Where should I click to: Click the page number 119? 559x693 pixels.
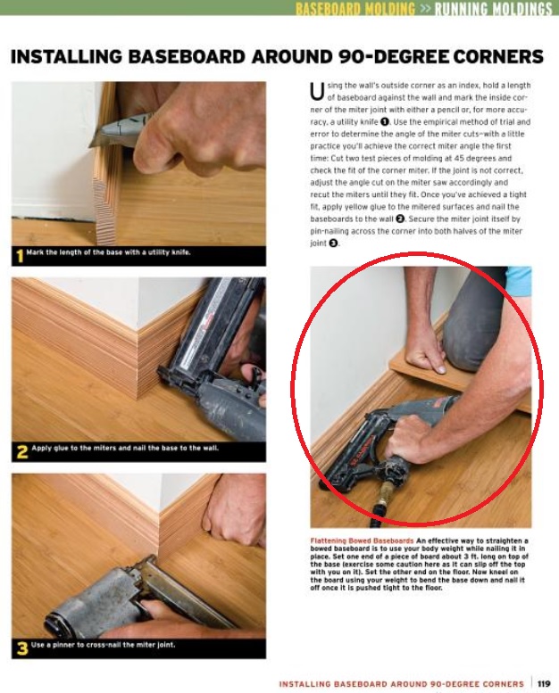click(x=544, y=684)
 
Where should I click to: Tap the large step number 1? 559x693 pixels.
click(x=19, y=255)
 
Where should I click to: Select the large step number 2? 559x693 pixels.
click(x=21, y=451)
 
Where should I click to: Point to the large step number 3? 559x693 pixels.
click(x=22, y=648)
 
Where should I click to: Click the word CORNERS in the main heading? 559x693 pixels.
click(x=498, y=56)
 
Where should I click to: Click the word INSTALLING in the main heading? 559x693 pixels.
click(x=66, y=56)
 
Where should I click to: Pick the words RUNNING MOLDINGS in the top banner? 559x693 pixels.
click(x=493, y=8)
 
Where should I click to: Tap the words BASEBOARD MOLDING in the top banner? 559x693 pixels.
click(x=355, y=8)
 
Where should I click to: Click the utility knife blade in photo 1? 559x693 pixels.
click(x=96, y=140)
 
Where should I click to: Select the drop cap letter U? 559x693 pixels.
click(x=316, y=92)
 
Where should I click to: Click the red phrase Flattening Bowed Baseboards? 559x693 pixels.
click(x=362, y=540)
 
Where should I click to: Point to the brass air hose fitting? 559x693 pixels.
click(x=381, y=494)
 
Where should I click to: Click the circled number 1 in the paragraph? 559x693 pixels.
click(x=385, y=121)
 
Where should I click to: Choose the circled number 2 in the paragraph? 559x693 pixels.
click(x=400, y=219)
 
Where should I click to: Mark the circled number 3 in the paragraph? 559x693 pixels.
click(x=333, y=243)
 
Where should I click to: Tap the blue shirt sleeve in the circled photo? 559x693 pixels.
click(x=518, y=278)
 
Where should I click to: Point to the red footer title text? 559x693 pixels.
click(x=401, y=684)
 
